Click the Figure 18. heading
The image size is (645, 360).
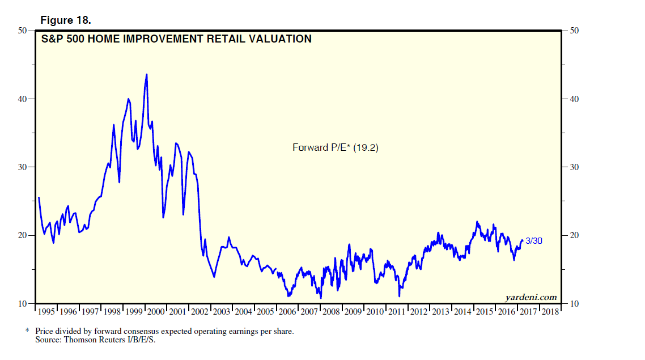click(66, 20)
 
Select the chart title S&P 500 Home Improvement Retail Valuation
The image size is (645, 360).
click(176, 39)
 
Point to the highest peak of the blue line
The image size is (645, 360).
click(147, 74)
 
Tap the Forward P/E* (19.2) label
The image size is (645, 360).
click(335, 147)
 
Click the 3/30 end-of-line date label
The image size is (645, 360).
click(533, 240)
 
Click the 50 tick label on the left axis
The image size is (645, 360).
click(23, 31)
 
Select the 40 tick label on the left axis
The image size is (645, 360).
click(23, 99)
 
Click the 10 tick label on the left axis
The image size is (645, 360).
click(23, 304)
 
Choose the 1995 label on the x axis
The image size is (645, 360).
click(46, 312)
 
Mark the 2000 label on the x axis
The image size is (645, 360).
click(156, 312)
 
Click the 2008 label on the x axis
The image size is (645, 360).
click(331, 312)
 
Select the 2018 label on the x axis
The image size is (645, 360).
click(550, 312)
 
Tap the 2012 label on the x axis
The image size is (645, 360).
click(419, 312)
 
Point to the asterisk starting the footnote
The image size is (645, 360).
click(27, 331)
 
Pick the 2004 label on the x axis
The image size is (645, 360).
click(244, 312)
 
